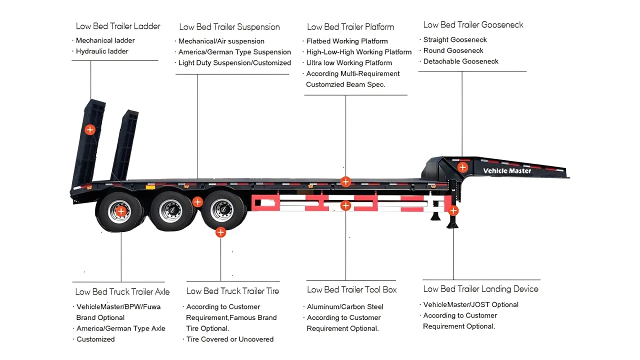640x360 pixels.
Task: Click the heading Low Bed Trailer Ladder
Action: point(118,26)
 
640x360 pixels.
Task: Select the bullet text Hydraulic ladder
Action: point(102,51)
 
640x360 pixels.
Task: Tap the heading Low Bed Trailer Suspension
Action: point(229,27)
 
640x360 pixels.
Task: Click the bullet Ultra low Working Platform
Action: point(349,63)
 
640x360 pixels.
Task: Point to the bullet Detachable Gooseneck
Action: point(460,61)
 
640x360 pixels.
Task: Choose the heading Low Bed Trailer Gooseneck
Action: point(473,24)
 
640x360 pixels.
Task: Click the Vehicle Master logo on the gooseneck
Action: point(507,171)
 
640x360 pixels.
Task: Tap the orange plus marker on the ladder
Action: point(89,130)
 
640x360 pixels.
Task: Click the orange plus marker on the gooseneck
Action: point(462,167)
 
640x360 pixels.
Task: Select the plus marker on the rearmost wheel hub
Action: point(121,211)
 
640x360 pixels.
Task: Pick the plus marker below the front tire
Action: point(220,232)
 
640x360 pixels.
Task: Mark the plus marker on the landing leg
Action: point(453,210)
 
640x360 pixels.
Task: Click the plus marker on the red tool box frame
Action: point(345,205)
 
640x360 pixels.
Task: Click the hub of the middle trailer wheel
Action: point(169,211)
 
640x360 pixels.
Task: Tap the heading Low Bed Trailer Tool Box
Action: point(351,289)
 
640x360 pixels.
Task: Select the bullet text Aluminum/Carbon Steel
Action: point(345,307)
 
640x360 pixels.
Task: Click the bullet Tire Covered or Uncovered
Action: point(229,339)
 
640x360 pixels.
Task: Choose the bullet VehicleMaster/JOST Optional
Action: point(470,304)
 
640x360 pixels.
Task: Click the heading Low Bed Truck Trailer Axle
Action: point(122,291)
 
